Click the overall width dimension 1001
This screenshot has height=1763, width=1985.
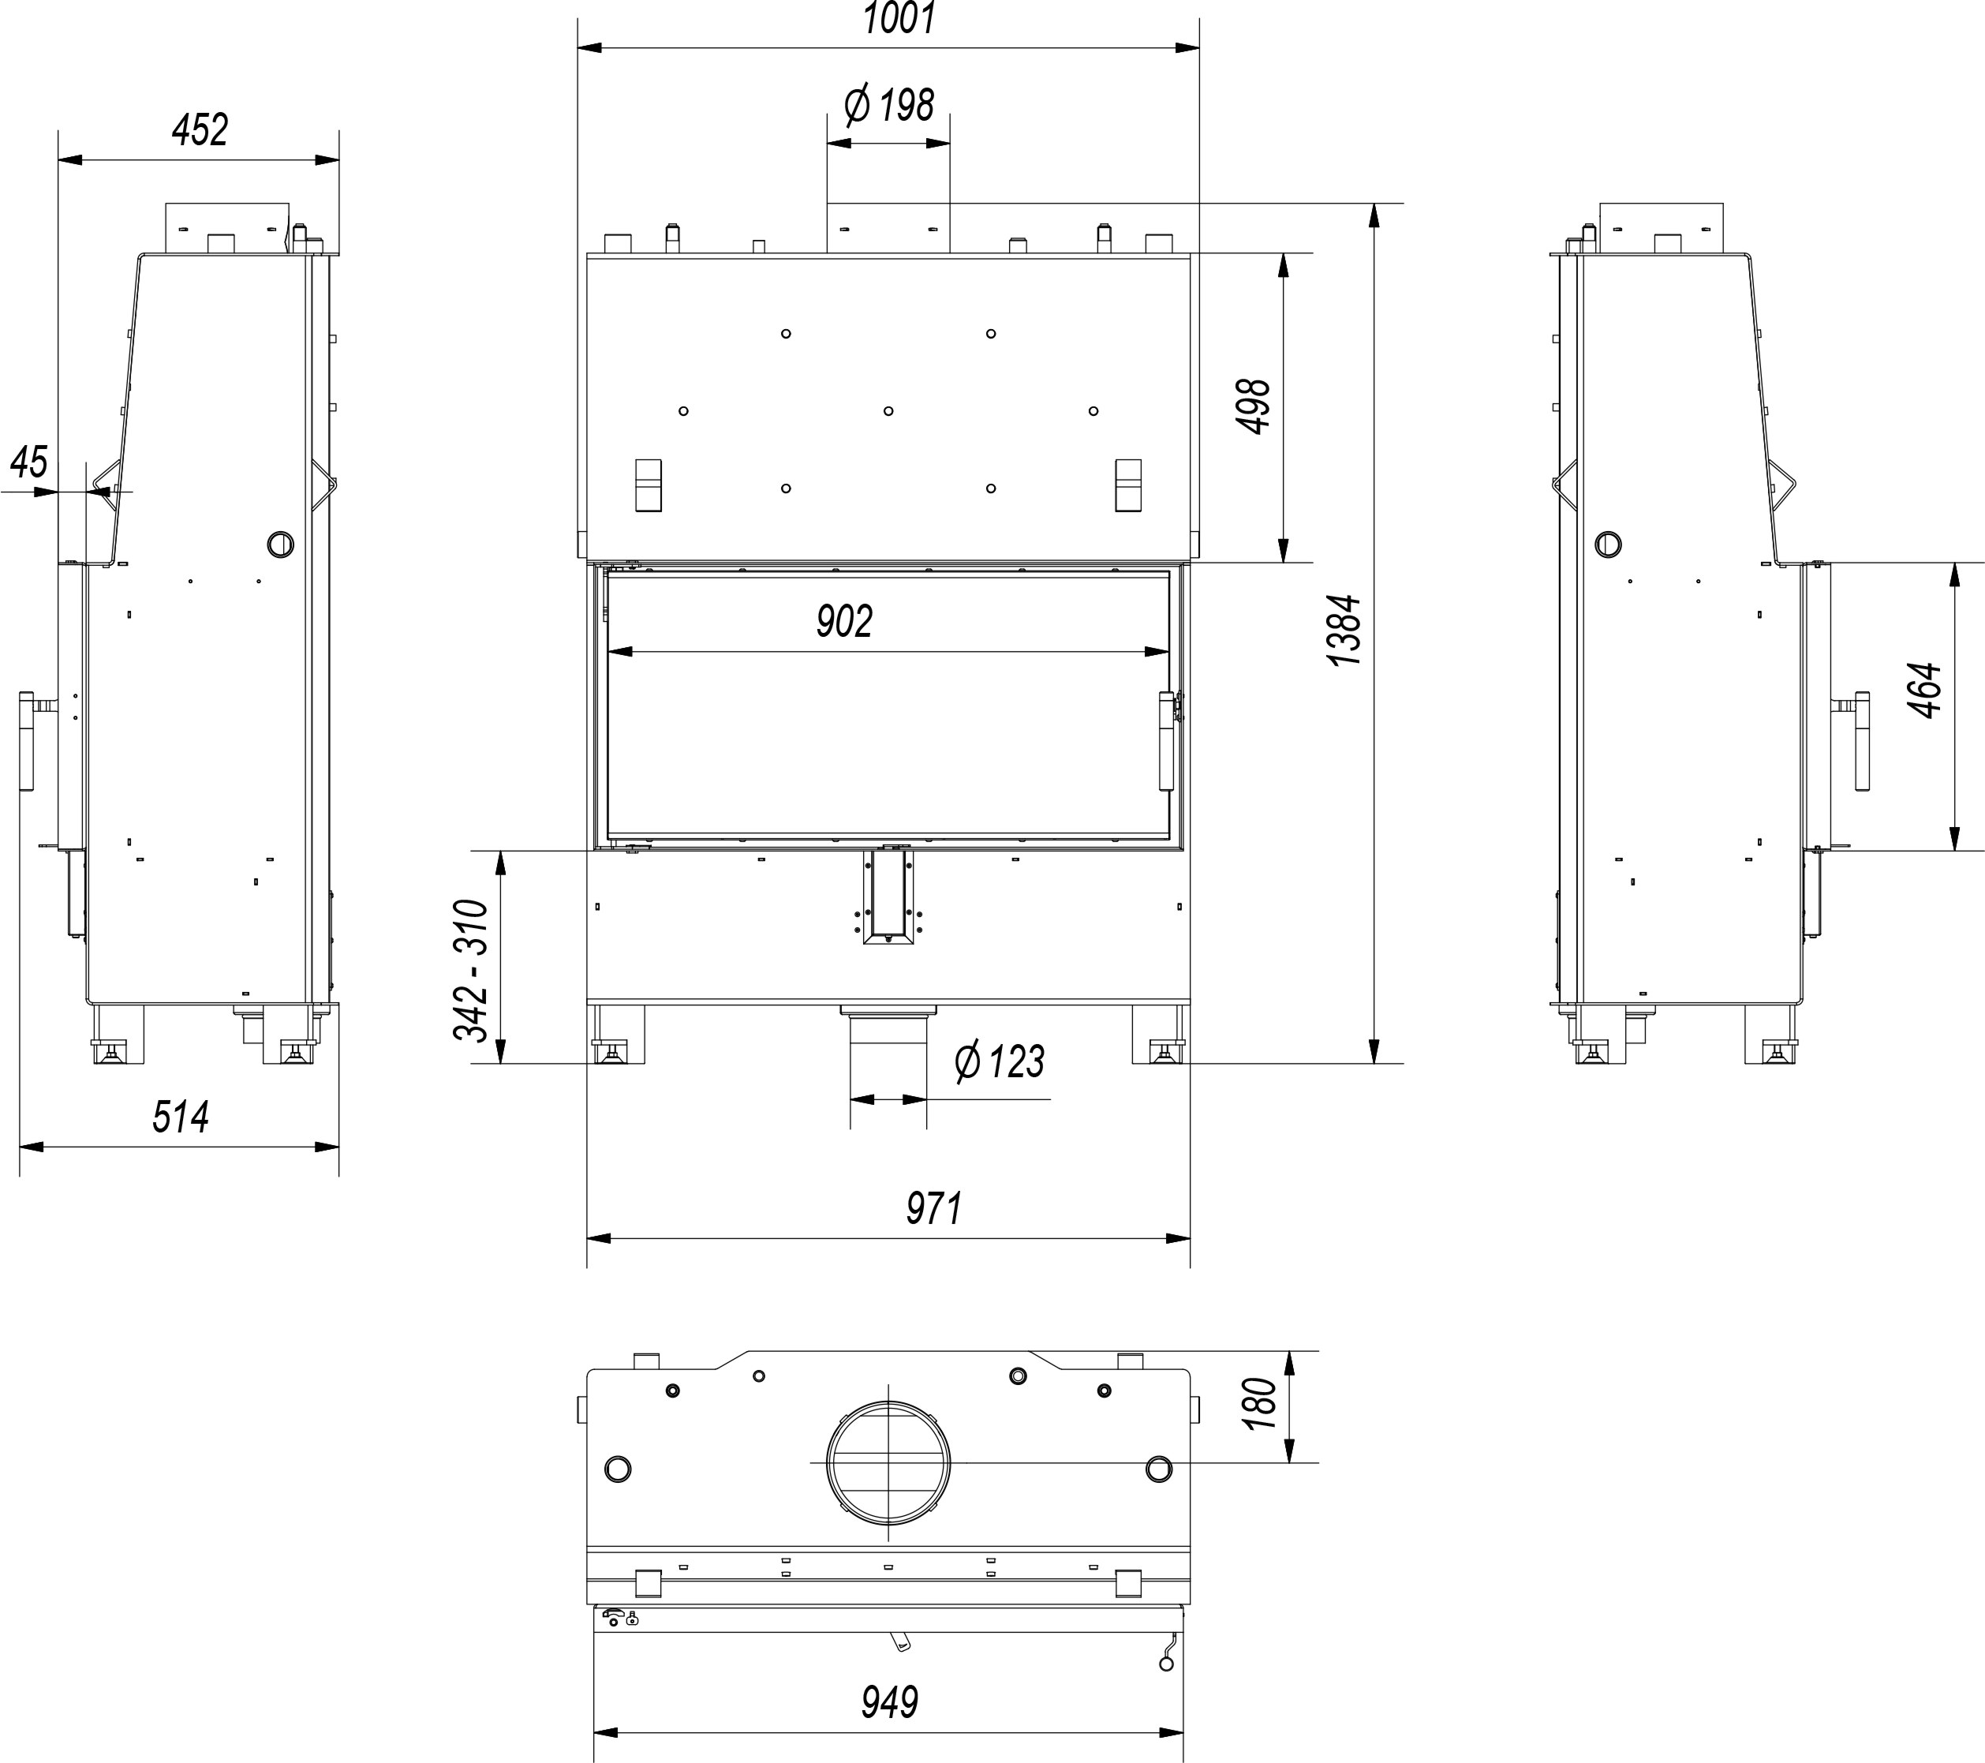tap(899, 18)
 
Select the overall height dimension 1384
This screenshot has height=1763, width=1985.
tap(1345, 630)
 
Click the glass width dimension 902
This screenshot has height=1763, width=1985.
tap(844, 621)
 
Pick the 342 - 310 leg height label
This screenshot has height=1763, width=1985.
tap(472, 971)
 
